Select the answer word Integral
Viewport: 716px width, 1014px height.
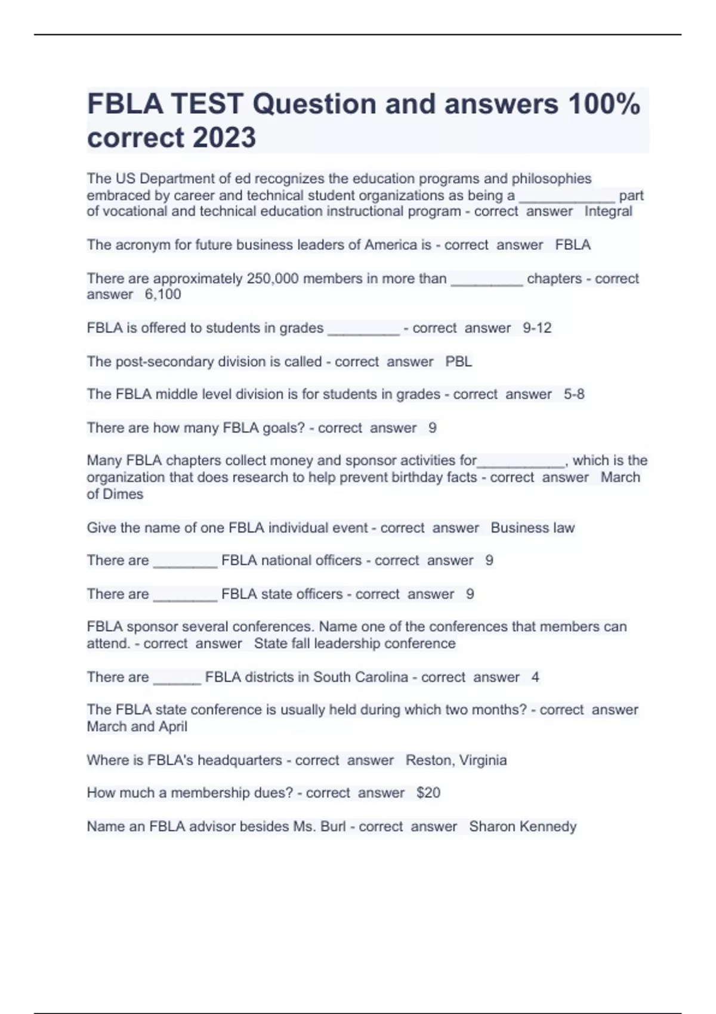pos(608,211)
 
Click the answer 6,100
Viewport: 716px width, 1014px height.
pos(163,294)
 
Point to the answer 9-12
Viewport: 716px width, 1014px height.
pos(537,327)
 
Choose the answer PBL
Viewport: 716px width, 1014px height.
pos(458,361)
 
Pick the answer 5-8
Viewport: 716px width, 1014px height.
pos(574,394)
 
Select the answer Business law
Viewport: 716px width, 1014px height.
pos(532,528)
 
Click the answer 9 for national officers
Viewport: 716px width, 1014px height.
pos(489,560)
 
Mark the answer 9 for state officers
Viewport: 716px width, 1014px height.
pos(470,594)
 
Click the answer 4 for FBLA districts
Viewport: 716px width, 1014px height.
pos(535,677)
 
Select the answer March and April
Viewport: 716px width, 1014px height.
pos(137,727)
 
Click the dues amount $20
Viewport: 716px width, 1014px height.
pos(428,793)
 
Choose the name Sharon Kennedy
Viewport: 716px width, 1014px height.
pos(523,826)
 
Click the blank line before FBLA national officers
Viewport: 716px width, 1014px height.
pos(185,562)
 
